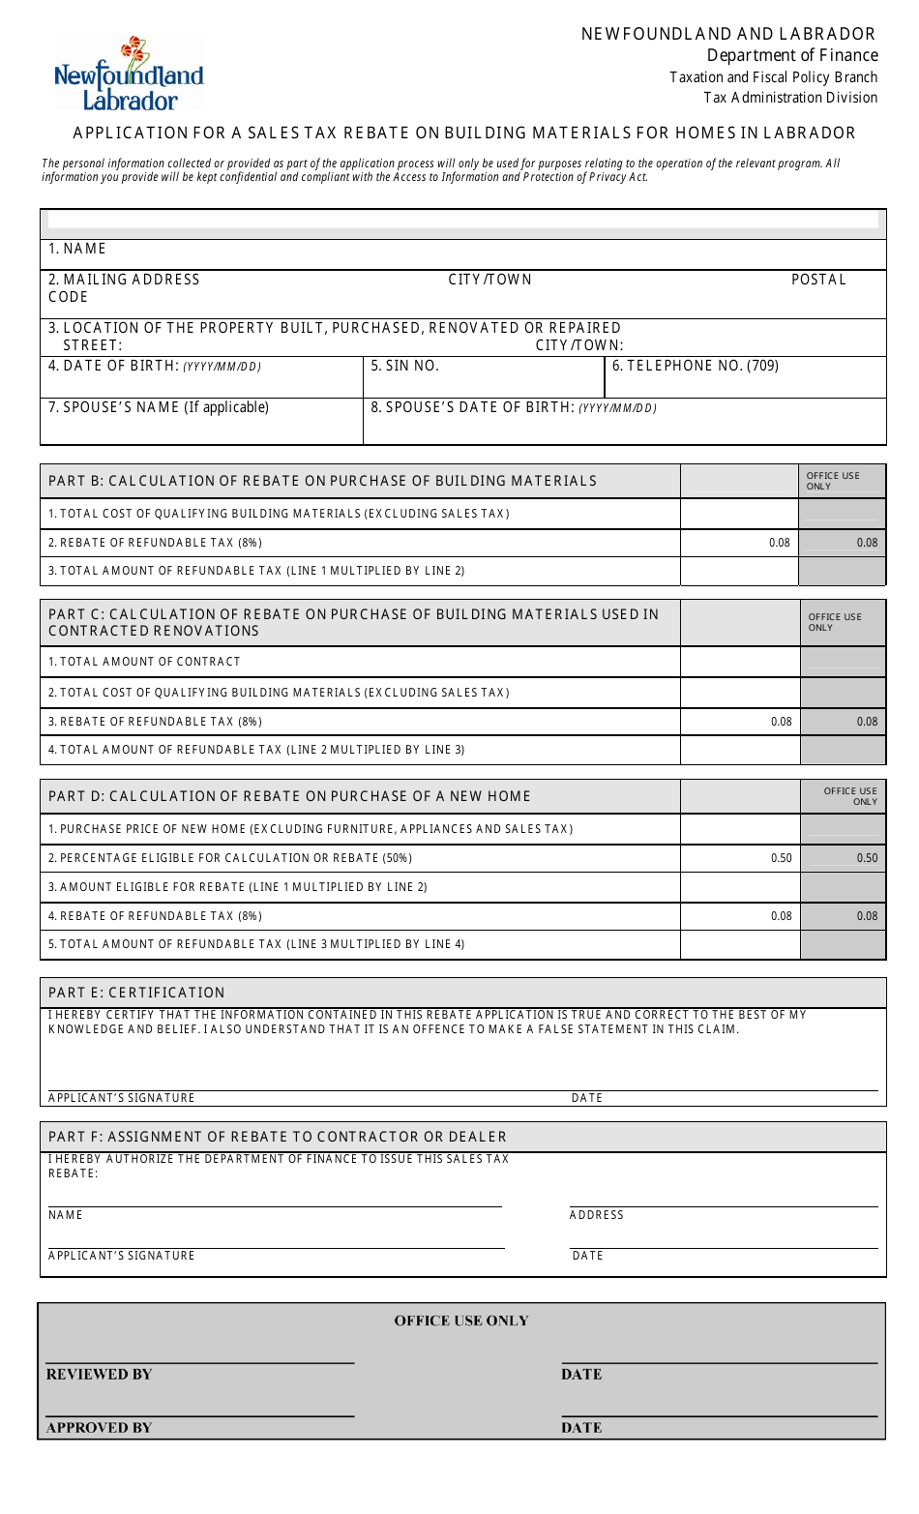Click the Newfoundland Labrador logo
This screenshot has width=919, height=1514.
129,75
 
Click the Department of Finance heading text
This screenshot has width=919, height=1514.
791,55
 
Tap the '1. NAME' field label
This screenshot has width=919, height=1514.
77,249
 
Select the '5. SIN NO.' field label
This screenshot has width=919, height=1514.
404,366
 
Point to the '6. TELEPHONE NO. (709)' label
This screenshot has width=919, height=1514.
695,366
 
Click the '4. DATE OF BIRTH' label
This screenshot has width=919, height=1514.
155,366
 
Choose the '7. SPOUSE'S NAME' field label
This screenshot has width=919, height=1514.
159,407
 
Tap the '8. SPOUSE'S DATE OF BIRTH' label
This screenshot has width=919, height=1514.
513,407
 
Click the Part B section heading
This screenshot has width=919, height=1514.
322,481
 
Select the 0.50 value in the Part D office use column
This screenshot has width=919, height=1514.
867,858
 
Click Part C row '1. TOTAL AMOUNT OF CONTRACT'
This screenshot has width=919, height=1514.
144,662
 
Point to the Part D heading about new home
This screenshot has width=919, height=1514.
289,796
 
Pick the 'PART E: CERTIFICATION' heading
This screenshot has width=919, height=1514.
136,993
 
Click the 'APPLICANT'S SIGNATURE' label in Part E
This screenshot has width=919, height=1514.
122,1098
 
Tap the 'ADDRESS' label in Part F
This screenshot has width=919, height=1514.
596,1215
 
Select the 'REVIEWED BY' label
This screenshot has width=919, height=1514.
99,1375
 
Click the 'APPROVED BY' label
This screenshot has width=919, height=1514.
99,1428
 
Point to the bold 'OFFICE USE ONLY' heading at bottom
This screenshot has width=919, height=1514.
461,1321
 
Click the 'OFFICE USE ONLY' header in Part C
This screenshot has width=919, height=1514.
834,622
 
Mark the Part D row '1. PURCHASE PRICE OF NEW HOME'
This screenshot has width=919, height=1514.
311,829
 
